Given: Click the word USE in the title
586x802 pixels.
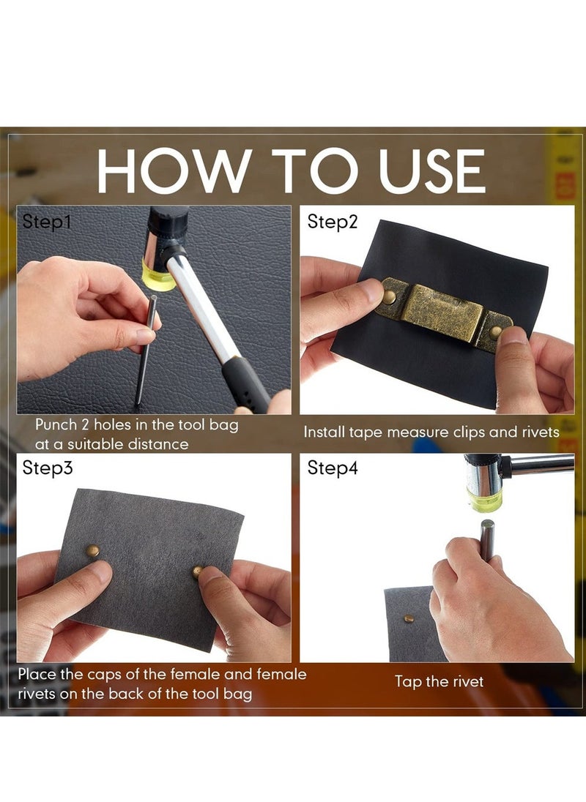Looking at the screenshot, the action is pyautogui.click(x=431, y=170).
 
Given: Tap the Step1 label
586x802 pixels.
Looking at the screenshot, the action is pyautogui.click(x=47, y=222).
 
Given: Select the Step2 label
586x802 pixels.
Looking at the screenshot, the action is pyautogui.click(x=332, y=222).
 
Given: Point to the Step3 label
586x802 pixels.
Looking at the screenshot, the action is pyautogui.click(x=47, y=468).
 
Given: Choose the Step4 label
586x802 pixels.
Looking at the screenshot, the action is pyautogui.click(x=332, y=468).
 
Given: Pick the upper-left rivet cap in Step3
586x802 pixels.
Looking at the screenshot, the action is pyautogui.click(x=92, y=550).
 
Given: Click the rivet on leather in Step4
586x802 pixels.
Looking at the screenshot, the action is pyautogui.click(x=409, y=619).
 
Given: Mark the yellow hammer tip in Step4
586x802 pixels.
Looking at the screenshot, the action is pyautogui.click(x=484, y=500).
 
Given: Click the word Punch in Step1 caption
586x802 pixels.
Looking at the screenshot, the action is pyautogui.click(x=56, y=424).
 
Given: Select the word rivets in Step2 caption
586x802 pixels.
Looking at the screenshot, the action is pyautogui.click(x=541, y=432).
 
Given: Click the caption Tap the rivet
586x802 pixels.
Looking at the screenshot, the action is pyautogui.click(x=439, y=681).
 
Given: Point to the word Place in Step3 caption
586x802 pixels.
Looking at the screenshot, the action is pyautogui.click(x=37, y=674).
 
